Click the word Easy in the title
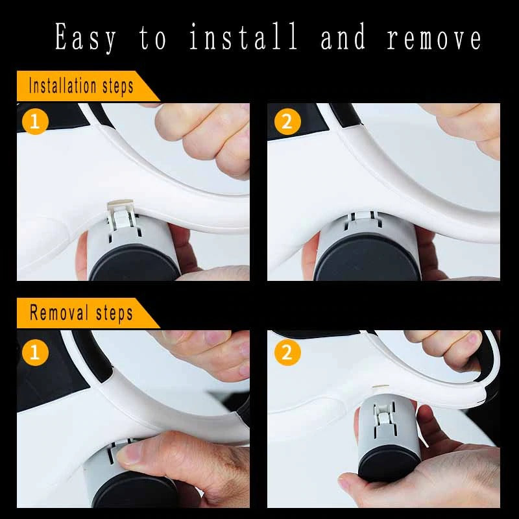[x=85, y=37]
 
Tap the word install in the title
[x=245, y=37]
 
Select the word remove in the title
[x=435, y=37]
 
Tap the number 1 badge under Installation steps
[x=35, y=121]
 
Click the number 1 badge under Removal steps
[x=35, y=352]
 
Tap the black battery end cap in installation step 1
[x=134, y=263]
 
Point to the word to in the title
[x=154, y=37]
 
